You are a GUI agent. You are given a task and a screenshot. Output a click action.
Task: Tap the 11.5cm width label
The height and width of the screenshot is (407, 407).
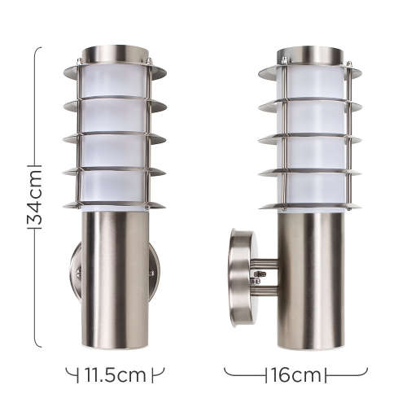pyautogui.click(x=115, y=375)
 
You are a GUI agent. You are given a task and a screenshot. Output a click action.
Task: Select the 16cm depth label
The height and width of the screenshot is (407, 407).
pyautogui.click(x=295, y=375)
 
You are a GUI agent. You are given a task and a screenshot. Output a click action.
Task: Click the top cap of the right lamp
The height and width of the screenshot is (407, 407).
pyautogui.click(x=309, y=53)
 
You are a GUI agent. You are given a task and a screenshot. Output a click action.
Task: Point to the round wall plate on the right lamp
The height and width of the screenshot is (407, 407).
pyautogui.click(x=241, y=277)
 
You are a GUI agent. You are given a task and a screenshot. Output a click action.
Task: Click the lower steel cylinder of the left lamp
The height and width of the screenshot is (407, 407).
pyautogui.click(x=115, y=277)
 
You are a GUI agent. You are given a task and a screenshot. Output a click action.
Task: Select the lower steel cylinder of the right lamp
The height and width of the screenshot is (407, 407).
pyautogui.click(x=309, y=277)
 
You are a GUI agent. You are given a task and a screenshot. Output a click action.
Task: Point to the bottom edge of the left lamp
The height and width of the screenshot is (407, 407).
pyautogui.click(x=115, y=348)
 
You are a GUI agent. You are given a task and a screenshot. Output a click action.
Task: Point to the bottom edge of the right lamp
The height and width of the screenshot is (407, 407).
pyautogui.click(x=309, y=348)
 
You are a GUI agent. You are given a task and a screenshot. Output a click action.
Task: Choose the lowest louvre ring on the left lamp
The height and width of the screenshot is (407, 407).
pyautogui.click(x=115, y=203)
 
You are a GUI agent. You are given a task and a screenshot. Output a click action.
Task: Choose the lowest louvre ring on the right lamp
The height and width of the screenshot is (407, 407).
pyautogui.click(x=309, y=204)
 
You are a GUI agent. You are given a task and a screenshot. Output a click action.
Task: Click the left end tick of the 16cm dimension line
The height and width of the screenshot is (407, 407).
pyautogui.click(x=225, y=375)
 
